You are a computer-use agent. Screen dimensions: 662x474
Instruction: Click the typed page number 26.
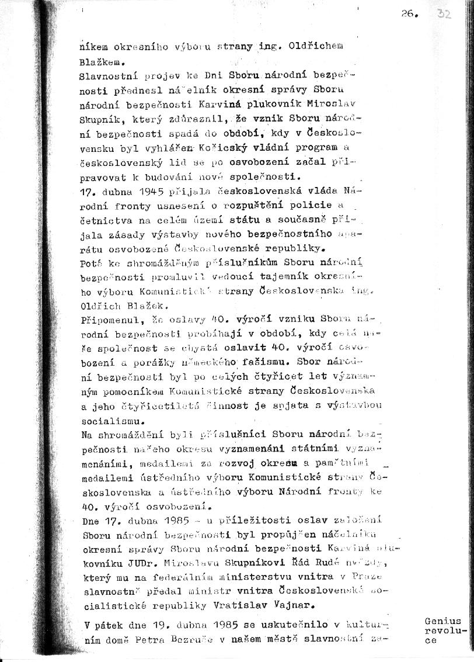(x=408, y=16)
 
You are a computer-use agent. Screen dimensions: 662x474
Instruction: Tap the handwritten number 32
(x=444, y=15)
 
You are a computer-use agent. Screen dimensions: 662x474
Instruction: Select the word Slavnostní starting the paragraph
(x=106, y=76)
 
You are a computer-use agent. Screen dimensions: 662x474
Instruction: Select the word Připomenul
(x=106, y=318)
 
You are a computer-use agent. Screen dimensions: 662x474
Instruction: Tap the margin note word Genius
(x=443, y=621)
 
